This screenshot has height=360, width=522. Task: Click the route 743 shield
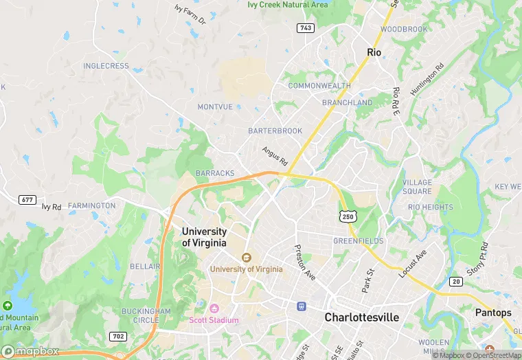pos(306,27)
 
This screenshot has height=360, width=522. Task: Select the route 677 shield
pos(27,199)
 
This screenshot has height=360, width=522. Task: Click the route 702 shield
pos(117,337)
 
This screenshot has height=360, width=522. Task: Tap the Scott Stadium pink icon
pos(214,308)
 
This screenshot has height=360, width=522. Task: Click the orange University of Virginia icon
pos(246,258)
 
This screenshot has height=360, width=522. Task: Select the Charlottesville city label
pos(361,318)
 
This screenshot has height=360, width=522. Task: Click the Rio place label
pos(374,52)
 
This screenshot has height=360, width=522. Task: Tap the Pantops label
pos(493,313)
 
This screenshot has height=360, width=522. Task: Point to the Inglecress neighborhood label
pos(106,66)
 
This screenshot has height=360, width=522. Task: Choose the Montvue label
pos(215,107)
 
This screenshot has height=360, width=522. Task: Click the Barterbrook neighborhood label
pos(275,131)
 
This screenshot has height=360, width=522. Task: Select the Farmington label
pos(92,205)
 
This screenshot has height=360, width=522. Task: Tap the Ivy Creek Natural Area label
pos(288,4)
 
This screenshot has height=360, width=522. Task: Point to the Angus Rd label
pos(274,155)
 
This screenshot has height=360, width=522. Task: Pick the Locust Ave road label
pos(413,263)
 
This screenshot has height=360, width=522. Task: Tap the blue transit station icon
pos(300,306)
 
